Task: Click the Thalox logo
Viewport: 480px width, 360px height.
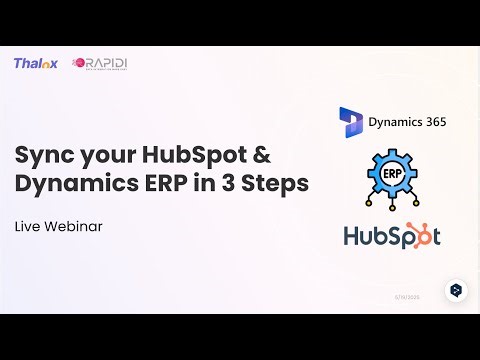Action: (36, 63)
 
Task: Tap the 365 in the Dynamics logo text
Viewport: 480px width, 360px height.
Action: (432, 122)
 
